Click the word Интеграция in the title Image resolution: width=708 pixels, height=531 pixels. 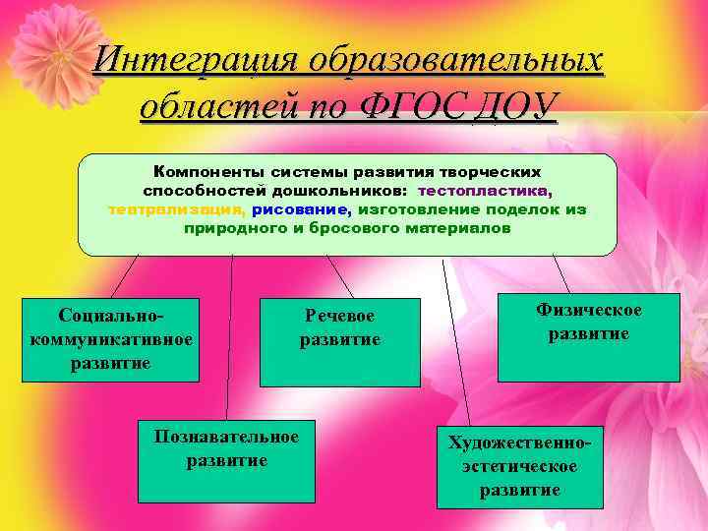point(195,60)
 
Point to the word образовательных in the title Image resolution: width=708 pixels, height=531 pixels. point(455,60)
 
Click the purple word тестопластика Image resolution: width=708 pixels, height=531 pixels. point(484,190)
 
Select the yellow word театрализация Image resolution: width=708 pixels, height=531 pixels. point(176,208)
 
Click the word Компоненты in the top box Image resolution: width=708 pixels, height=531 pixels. point(203,171)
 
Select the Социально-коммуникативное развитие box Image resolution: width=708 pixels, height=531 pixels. point(110,339)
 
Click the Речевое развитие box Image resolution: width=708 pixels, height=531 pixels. point(339,340)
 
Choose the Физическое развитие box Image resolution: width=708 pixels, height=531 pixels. point(588,337)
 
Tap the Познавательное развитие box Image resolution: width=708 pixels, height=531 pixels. point(226,461)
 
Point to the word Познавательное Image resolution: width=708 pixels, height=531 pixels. point(226,437)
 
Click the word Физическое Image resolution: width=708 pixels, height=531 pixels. point(588,311)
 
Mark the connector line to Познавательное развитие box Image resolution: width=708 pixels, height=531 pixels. point(230,334)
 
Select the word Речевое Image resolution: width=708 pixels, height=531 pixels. point(339,316)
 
